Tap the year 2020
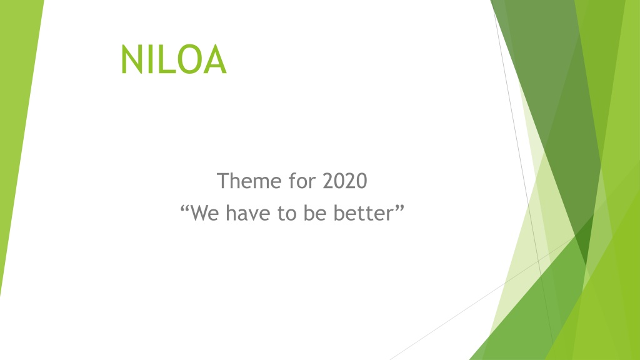tap(345, 181)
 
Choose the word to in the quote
tap(287, 214)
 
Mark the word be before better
tap(315, 213)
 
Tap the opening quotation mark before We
tap(184, 209)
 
